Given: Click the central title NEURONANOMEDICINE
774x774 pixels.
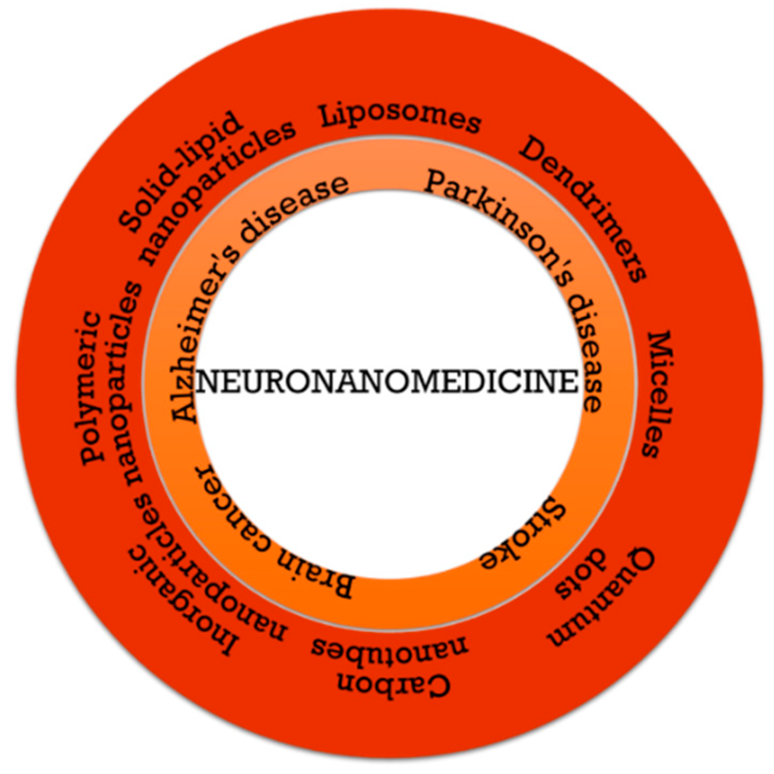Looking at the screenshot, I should click(x=387, y=382).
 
